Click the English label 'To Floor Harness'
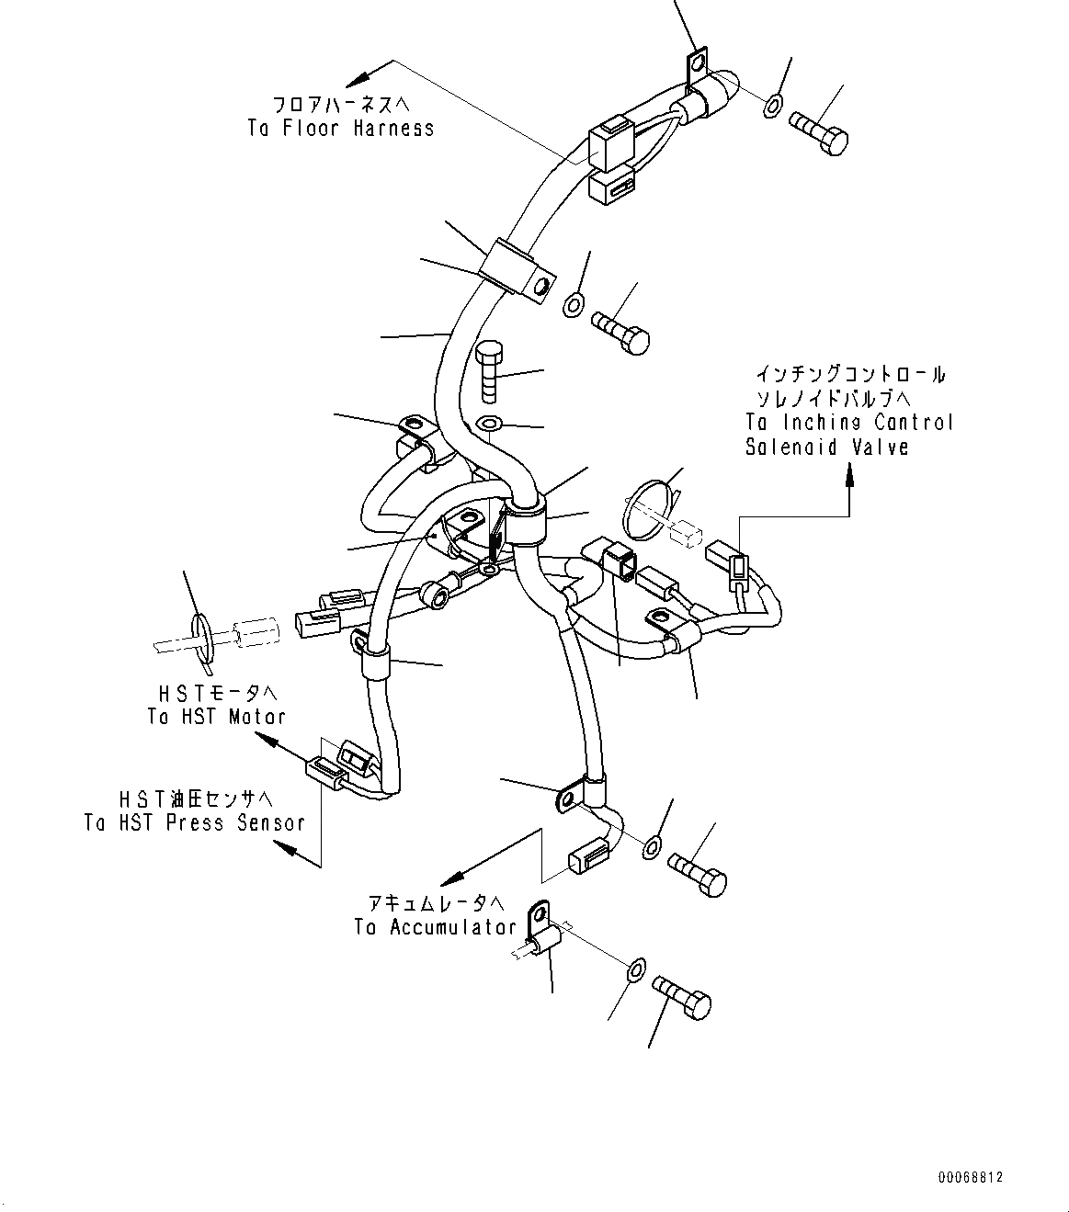pos(340,128)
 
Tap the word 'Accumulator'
pos(452,927)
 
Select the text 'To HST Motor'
pos(216,717)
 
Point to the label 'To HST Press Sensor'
pos(194,822)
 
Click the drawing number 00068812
pos(971,1177)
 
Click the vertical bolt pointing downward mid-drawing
pos(489,370)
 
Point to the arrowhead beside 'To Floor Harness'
pos(358,76)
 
